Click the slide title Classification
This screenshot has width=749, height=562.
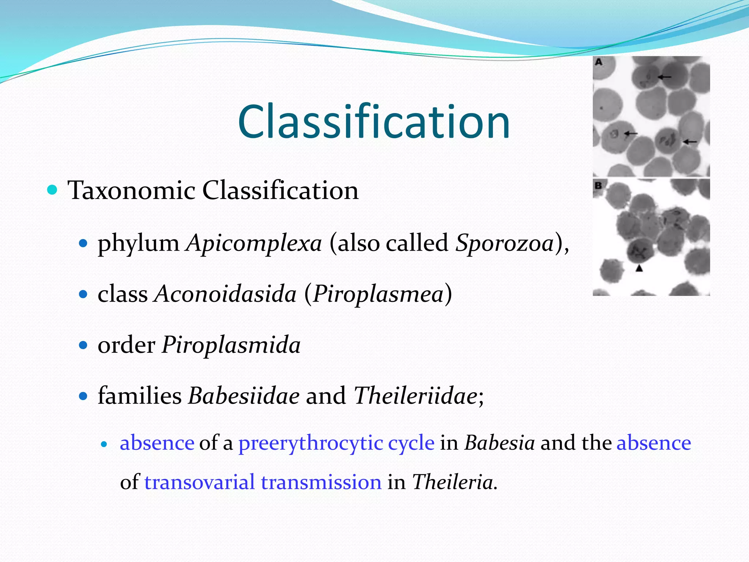coord(374,121)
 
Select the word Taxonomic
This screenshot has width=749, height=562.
coord(131,191)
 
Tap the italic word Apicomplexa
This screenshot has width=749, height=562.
coord(254,243)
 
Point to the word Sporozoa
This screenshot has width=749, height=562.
coord(505,243)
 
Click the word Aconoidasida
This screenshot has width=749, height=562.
coord(225,294)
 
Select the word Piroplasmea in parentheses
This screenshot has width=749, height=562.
coord(378,294)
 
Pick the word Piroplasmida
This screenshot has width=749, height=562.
coord(231,345)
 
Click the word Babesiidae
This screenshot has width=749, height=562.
coord(244,396)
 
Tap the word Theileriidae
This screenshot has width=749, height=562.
coord(415,396)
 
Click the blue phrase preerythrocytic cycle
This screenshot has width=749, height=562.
coord(336,443)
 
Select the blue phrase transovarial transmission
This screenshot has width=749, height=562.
coord(263,482)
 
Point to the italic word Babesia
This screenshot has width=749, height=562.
coord(500,443)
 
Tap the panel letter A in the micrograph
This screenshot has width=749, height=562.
coord(598,62)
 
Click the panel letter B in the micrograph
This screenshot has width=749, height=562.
coord(598,186)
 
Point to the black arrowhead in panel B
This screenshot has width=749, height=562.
coord(639,268)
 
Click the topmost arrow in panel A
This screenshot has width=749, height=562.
coord(665,77)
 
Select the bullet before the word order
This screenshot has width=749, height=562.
coord(84,345)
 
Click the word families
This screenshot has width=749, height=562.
coord(139,396)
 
